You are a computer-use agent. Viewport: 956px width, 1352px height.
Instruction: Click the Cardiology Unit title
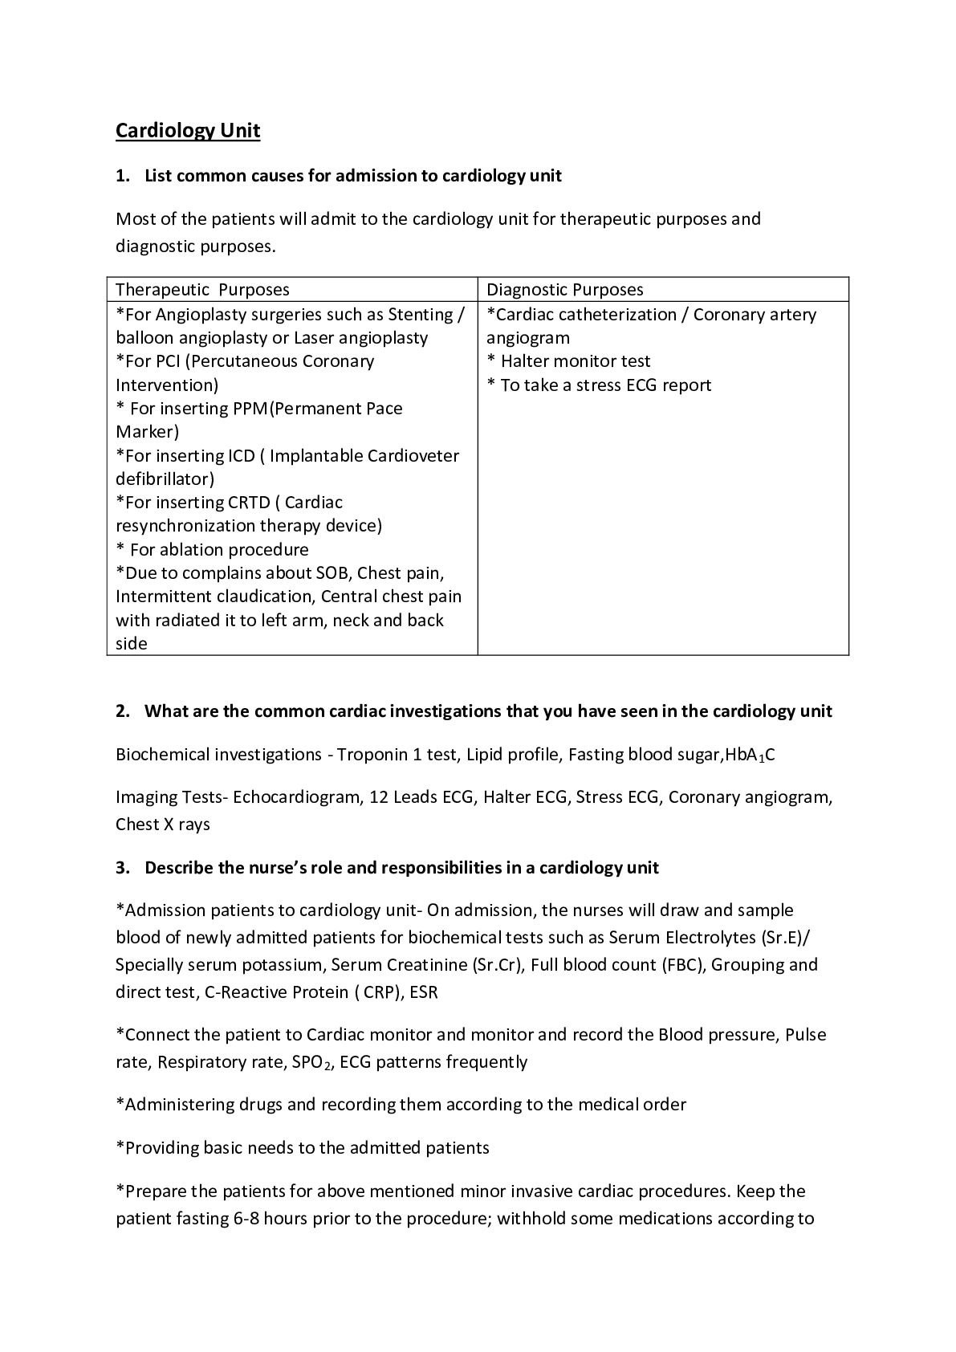188,130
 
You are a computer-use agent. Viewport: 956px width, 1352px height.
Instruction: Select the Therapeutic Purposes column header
202,290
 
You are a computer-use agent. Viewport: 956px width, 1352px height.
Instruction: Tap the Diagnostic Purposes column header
565,290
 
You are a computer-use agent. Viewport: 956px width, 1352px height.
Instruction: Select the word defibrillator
165,479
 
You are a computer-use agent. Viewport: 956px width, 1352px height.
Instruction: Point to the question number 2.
122,711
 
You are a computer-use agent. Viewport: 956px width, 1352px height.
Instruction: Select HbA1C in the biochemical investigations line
750,755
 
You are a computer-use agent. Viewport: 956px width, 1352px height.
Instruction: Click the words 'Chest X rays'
163,825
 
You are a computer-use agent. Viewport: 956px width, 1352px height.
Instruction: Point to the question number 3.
122,868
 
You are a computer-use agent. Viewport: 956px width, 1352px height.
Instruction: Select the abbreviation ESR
424,992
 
